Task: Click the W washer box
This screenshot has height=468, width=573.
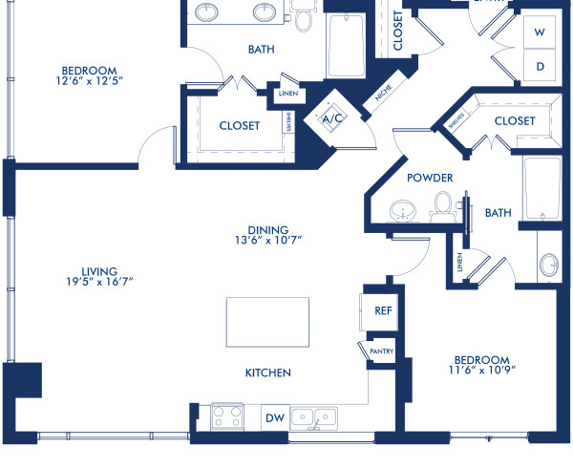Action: pyautogui.click(x=540, y=32)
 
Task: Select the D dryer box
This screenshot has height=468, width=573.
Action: pyautogui.click(x=540, y=67)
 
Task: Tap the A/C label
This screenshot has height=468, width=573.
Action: pyautogui.click(x=332, y=119)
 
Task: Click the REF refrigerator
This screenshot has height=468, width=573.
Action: pyautogui.click(x=383, y=310)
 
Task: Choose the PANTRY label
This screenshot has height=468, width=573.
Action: pyautogui.click(x=382, y=351)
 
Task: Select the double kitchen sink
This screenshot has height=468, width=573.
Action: pyautogui.click(x=313, y=417)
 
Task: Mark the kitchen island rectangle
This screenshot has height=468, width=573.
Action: pyautogui.click(x=267, y=323)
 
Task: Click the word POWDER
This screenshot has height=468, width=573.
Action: pyautogui.click(x=429, y=178)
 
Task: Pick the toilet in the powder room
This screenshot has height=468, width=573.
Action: pyautogui.click(x=442, y=205)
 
